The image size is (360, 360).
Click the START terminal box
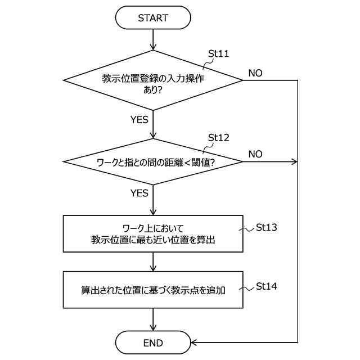[153, 18]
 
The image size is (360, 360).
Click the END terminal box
[153, 343]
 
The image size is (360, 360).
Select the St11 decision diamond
[153, 80]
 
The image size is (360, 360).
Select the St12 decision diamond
[153, 162]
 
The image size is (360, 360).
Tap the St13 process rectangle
[153, 233]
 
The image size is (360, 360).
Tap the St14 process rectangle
[153, 290]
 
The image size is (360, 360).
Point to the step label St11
[219, 54]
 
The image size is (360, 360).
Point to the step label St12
[219, 137]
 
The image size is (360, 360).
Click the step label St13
[267, 228]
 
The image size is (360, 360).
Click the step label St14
[267, 286]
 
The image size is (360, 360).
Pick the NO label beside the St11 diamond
[255, 73]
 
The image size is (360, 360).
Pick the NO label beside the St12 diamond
[255, 154]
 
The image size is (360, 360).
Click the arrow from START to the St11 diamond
[153, 39]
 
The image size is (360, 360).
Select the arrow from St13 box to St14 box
[153, 262]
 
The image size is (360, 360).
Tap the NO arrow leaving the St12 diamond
[270, 162]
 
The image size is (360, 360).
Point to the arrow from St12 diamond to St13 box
[153, 200]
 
